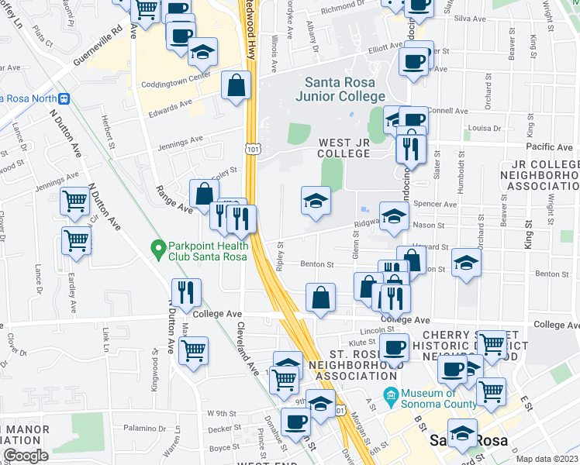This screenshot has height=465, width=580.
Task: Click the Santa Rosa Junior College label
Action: pyautogui.click(x=340, y=89)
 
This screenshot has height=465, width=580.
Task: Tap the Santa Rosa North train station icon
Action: pyautogui.click(x=65, y=98)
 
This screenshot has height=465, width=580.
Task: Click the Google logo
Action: pyautogui.click(x=26, y=455)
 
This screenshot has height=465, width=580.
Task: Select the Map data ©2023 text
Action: pyautogui.click(x=547, y=459)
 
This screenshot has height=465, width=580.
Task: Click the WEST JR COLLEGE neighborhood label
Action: pyautogui.click(x=344, y=148)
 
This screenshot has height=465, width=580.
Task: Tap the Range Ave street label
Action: pyautogui.click(x=175, y=199)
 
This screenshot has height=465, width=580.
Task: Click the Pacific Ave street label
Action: pyautogui.click(x=549, y=146)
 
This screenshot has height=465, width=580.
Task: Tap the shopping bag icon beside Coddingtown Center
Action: pyautogui.click(x=236, y=85)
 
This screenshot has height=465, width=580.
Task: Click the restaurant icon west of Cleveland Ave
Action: pyautogui.click(x=185, y=292)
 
